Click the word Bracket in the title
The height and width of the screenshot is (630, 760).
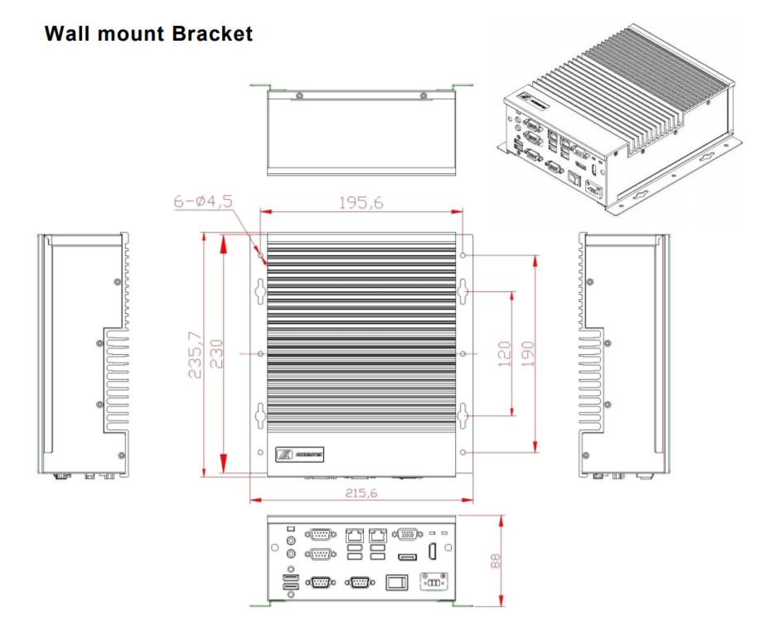[x=213, y=34]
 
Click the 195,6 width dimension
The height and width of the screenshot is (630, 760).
[x=361, y=201]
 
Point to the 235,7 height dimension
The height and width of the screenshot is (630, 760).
[x=195, y=355]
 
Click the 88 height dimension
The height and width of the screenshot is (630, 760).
[x=495, y=561]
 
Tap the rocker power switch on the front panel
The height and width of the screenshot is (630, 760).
[x=397, y=583]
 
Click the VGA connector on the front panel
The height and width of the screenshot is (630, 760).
[x=407, y=535]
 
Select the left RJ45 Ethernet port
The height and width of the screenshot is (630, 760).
[x=354, y=535]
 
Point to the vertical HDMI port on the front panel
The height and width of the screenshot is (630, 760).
[x=432, y=554]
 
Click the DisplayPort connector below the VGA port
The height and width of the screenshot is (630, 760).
[x=407, y=556]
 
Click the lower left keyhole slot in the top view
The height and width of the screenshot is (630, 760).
[x=259, y=414]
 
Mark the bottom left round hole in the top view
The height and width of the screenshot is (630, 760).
[x=261, y=453]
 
